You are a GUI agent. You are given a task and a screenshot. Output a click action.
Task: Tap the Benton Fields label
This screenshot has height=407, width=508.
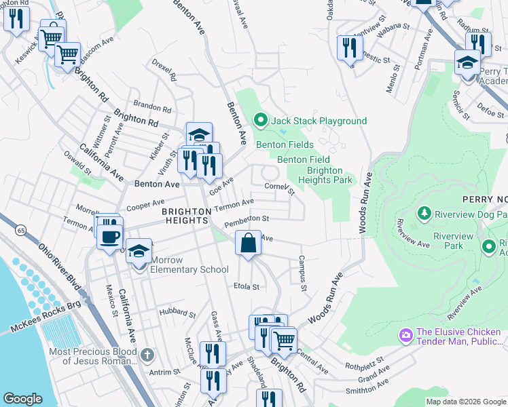click(x=285, y=144)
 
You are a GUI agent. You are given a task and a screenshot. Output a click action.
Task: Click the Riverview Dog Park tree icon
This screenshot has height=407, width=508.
click(x=425, y=214)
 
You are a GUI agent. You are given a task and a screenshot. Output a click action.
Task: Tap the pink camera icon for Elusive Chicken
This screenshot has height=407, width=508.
click(x=405, y=335)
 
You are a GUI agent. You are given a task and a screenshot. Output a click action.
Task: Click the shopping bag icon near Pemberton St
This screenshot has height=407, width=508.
click(x=249, y=243)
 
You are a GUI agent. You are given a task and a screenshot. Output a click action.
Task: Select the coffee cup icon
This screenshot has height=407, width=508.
click(x=110, y=237)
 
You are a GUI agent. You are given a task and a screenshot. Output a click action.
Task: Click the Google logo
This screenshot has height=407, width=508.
click(x=22, y=399)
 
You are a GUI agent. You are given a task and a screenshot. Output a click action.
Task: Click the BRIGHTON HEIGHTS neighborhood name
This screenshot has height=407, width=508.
click(x=185, y=216)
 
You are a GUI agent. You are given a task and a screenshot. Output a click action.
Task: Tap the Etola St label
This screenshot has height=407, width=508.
click(x=247, y=287)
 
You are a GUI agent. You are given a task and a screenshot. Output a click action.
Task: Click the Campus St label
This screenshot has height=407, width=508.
click(x=301, y=274)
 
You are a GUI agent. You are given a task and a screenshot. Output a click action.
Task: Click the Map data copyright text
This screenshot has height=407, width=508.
click(x=466, y=402)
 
